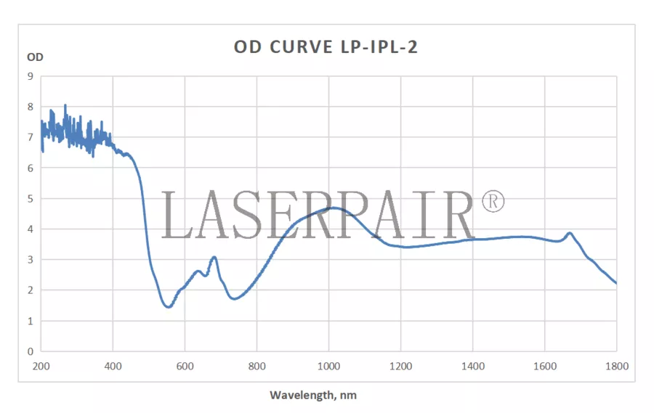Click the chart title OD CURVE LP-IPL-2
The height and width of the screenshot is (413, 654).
[x=326, y=47]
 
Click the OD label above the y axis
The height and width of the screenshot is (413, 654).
[x=34, y=57]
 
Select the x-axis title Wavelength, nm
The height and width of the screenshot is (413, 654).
[x=313, y=396]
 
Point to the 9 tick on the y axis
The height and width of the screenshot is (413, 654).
[x=30, y=76]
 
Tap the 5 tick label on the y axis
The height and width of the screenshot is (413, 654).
[x=30, y=198]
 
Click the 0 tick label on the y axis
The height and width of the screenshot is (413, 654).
[x=30, y=351]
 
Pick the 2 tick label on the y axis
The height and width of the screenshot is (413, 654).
[x=30, y=290]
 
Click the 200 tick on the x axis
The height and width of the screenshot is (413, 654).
[x=41, y=367]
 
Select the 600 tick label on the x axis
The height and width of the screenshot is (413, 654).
[x=185, y=367]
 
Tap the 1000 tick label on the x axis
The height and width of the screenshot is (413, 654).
[x=328, y=367]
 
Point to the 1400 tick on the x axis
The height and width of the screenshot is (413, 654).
[x=473, y=367]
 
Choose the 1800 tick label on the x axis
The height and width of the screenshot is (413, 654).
[x=617, y=367]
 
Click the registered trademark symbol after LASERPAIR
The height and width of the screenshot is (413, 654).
[x=492, y=202]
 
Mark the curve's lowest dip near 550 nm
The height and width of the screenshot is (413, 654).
[x=169, y=307]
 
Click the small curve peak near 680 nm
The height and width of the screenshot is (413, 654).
[x=214, y=257]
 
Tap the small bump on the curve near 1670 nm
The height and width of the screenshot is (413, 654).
[x=570, y=233]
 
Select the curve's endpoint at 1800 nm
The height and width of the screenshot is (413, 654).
[x=616, y=283]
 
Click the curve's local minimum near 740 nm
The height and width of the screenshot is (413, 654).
[x=234, y=298]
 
